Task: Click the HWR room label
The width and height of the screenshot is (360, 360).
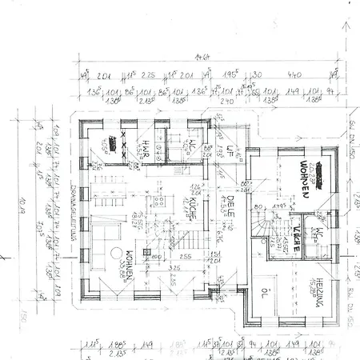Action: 147,147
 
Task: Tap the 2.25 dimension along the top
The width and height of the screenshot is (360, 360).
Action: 148,74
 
